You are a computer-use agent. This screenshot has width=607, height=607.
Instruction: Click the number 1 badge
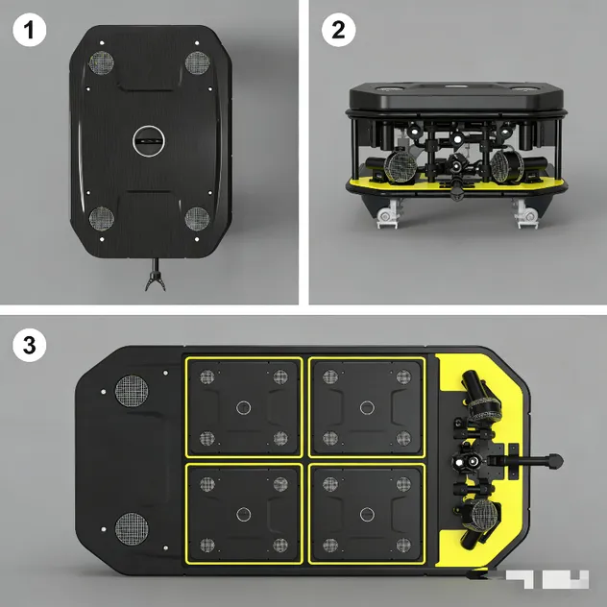click(30, 30)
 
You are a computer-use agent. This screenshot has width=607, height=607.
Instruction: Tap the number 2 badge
click(337, 30)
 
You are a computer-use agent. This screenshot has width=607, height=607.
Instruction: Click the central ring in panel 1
click(148, 141)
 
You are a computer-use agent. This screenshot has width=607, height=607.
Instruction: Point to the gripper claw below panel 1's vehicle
click(152, 279)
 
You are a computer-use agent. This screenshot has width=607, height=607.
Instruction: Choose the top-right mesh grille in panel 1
click(197, 63)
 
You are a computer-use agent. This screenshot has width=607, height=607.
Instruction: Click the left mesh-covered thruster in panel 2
click(400, 167)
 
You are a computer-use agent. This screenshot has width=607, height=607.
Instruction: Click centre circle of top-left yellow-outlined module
click(244, 407)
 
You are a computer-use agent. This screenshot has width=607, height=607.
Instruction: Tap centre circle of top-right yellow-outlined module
click(365, 407)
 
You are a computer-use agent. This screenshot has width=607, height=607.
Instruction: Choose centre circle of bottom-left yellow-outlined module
click(244, 515)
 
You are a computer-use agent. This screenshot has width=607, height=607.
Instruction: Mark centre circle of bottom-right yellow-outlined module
click(365, 515)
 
